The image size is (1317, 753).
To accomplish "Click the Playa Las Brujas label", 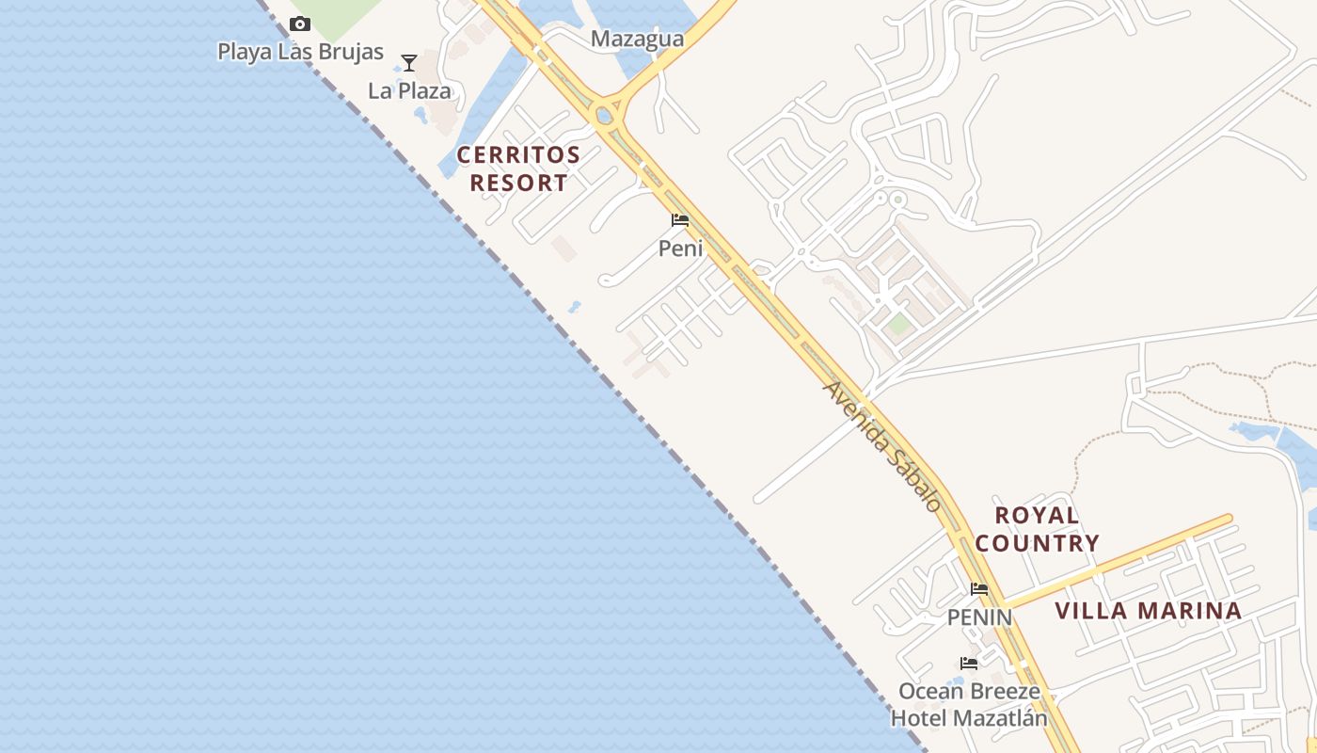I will [x=300, y=52].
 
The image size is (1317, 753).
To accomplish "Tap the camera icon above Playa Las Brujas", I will [x=300, y=24].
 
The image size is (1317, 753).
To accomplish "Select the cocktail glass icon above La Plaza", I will [x=409, y=63].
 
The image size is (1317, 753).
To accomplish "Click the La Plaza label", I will [x=409, y=91].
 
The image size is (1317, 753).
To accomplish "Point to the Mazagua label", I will [x=637, y=40].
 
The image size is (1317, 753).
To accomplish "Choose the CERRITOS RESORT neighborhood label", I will [x=518, y=168].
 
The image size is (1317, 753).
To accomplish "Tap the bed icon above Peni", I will [x=680, y=221].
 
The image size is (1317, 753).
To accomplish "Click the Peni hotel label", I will [x=680, y=248].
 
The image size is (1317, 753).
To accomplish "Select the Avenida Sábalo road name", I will [x=881, y=445].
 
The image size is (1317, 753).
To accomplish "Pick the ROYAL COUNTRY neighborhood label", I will [x=1037, y=529].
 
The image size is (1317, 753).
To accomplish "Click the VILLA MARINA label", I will [x=1148, y=611].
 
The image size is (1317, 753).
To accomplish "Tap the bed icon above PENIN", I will [x=979, y=590].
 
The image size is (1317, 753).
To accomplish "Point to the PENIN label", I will [x=979, y=617].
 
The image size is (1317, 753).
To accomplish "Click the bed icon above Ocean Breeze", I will [x=969, y=664].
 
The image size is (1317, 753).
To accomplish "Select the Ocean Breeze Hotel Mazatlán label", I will [x=969, y=705].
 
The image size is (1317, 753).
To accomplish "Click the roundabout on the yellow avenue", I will [x=605, y=116].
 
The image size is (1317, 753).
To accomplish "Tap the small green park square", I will [x=899, y=324].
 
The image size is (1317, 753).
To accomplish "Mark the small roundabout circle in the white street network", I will [x=897, y=200].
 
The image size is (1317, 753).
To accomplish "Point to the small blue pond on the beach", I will [x=573, y=307].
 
